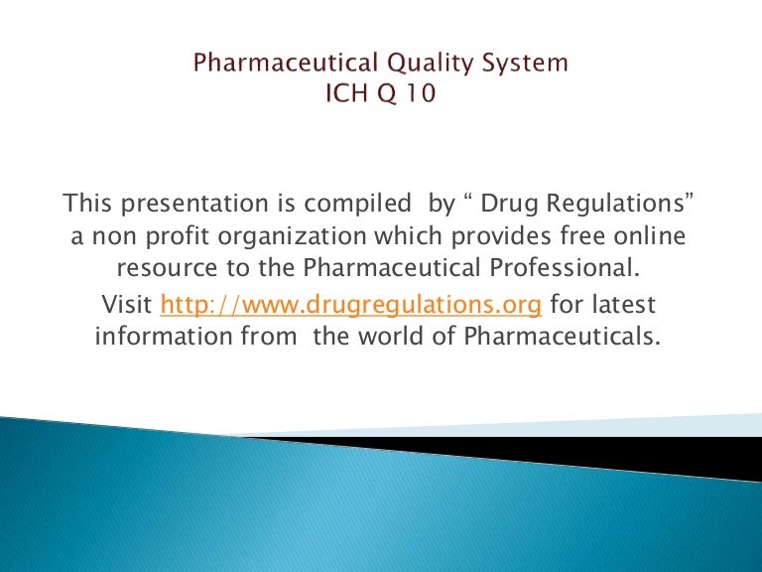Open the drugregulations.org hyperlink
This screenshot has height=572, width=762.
pos(351,303)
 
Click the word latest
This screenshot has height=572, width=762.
pos(624,303)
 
